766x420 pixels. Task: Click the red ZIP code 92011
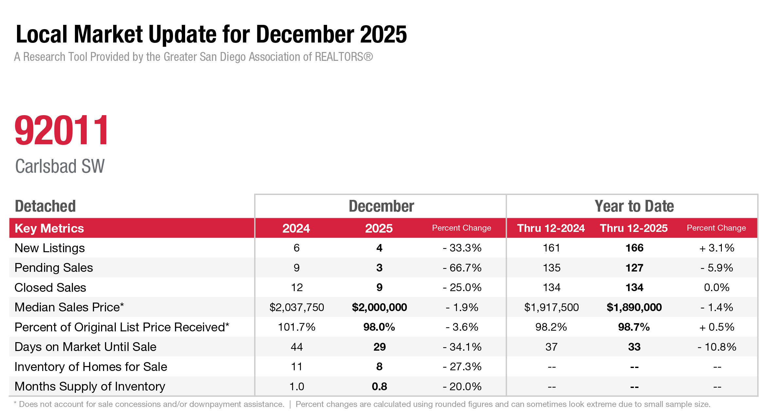(61, 130)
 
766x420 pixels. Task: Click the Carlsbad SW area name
(60, 166)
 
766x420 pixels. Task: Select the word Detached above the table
(45, 206)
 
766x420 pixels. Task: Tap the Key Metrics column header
(49, 228)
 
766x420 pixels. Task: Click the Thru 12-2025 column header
(634, 228)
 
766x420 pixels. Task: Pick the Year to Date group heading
(634, 206)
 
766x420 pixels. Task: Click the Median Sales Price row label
(69, 307)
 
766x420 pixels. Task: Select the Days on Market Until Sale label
(86, 347)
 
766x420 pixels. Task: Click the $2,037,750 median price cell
(297, 307)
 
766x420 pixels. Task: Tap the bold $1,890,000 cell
(634, 307)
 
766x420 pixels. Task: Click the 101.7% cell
(297, 327)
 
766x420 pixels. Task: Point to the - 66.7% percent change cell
(462, 268)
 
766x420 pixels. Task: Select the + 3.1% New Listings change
(717, 248)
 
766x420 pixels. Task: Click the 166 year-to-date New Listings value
(635, 248)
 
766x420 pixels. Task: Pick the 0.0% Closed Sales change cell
(717, 288)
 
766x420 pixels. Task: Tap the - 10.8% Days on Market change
(717, 347)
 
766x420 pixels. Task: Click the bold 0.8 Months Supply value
(379, 387)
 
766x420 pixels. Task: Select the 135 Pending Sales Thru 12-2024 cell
(552, 268)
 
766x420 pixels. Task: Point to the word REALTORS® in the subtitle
(344, 57)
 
